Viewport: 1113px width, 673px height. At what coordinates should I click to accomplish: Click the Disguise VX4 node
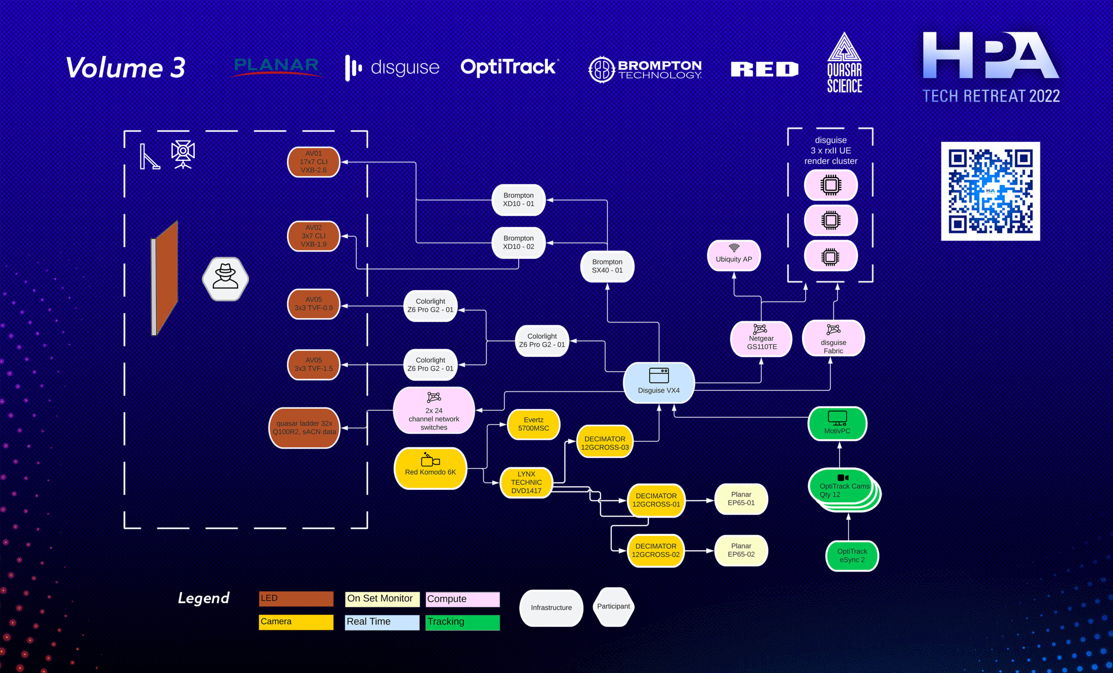tap(659, 383)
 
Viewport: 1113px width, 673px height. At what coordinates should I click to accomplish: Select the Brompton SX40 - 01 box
tap(607, 267)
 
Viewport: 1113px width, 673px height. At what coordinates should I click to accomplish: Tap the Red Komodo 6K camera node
tap(430, 468)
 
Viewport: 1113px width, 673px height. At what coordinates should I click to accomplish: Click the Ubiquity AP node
tap(733, 256)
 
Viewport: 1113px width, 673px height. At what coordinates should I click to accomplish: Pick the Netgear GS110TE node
tap(761, 339)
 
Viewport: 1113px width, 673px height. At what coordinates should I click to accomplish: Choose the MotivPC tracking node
tap(837, 423)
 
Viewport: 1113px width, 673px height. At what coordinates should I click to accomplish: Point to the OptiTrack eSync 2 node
tap(852, 556)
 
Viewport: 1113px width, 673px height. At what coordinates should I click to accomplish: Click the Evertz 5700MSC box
tap(533, 424)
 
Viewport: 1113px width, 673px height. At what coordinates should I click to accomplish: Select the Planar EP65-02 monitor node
tap(741, 550)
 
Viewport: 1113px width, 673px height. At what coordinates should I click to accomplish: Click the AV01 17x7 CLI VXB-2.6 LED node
tap(313, 162)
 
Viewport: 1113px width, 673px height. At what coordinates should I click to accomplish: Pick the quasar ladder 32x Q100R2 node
tap(304, 428)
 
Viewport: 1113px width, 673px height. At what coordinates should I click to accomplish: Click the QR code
tap(990, 191)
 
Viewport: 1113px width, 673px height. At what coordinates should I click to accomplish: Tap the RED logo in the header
tap(764, 69)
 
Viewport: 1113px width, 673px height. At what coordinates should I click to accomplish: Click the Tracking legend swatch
tap(462, 622)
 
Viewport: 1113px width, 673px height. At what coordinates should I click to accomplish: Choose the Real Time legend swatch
tap(382, 622)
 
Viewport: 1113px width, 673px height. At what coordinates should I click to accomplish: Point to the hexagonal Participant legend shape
tap(613, 606)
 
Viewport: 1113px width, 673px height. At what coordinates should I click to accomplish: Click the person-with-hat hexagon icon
tap(225, 278)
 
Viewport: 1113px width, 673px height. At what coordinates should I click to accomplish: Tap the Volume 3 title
tap(126, 68)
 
